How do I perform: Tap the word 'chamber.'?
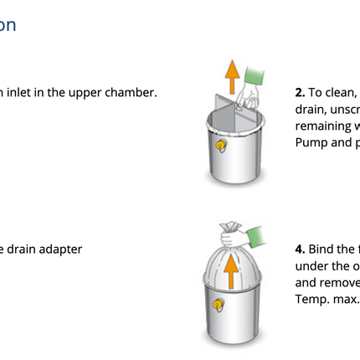coord(131,93)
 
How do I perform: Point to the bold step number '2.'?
coord(300,93)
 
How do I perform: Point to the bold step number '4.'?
coord(300,249)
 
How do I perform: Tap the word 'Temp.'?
coord(311,299)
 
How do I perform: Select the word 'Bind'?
coord(321,249)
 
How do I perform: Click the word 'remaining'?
coord(322,126)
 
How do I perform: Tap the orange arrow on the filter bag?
coord(230,270)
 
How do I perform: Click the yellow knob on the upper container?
coord(221,146)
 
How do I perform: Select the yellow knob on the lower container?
coord(219,304)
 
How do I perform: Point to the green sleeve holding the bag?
coord(254,234)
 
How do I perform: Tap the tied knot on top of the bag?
coord(231,227)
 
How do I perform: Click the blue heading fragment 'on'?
coord(8,24)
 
